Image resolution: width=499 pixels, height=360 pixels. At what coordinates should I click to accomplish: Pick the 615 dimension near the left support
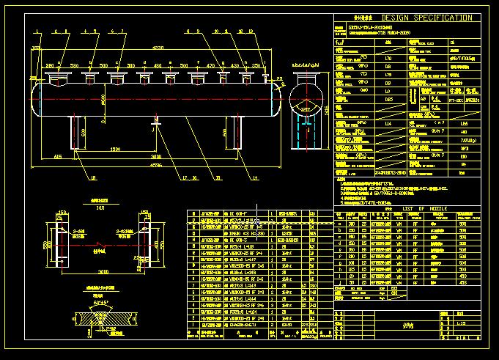[x=58, y=157]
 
